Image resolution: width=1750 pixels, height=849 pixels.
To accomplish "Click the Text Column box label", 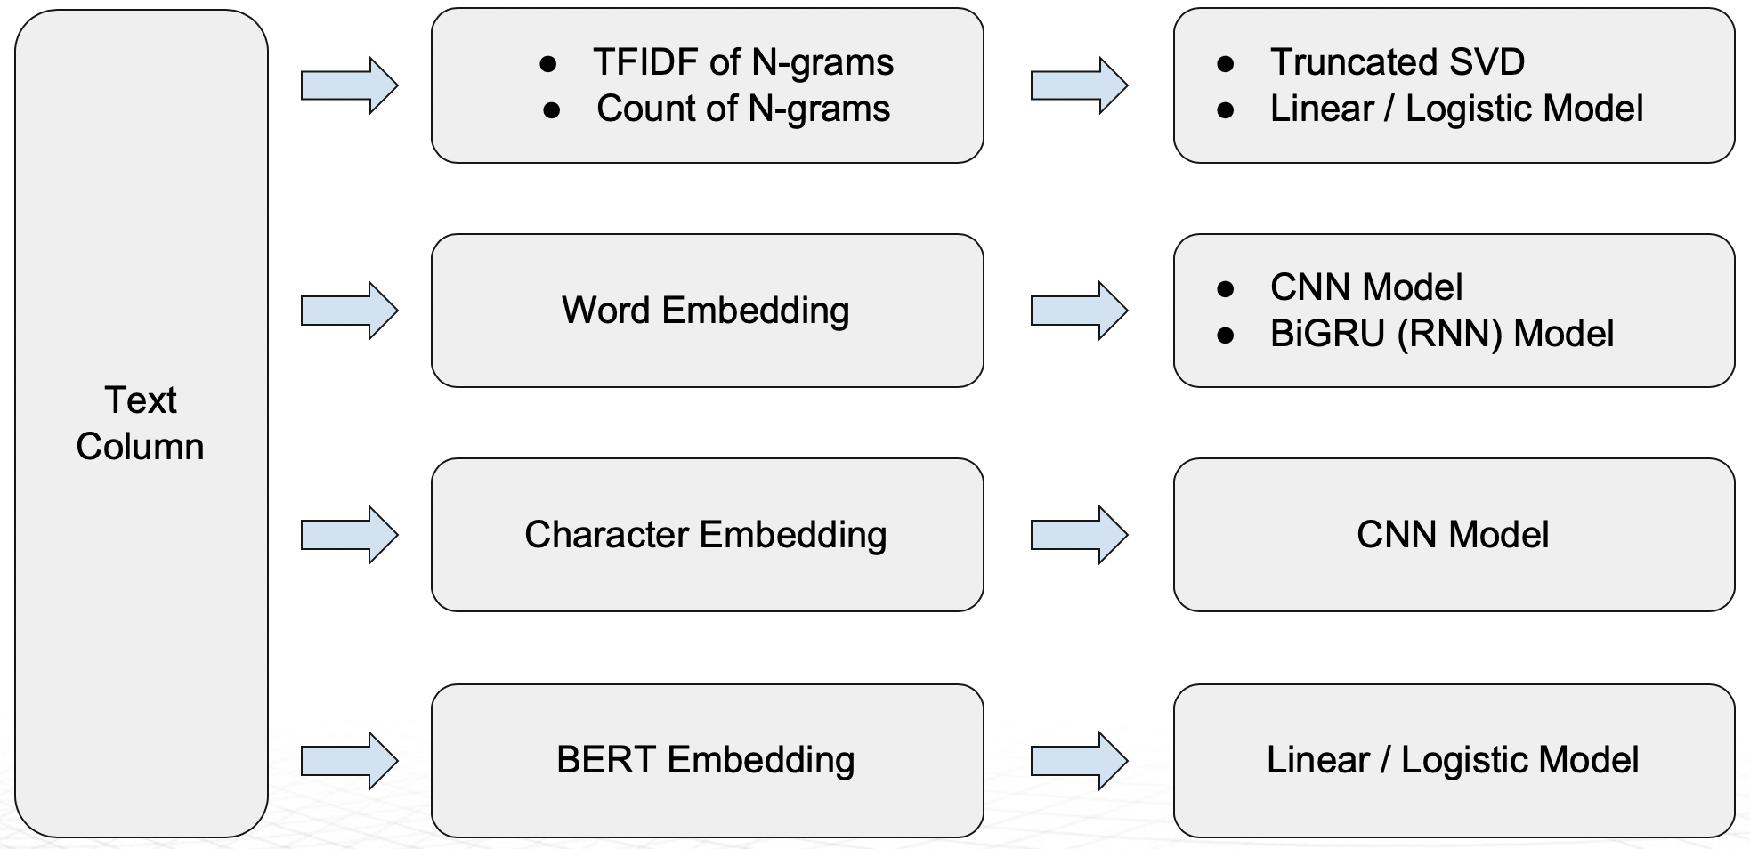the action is point(140,423).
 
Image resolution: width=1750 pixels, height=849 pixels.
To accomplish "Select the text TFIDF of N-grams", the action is point(742,62).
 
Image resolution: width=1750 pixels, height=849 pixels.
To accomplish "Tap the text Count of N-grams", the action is point(742,109).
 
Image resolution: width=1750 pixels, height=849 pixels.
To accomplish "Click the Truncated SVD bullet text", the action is point(1397,62).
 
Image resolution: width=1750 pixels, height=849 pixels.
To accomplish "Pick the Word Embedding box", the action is point(706,311).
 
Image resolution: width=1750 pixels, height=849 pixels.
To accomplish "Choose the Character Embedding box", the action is point(706,535).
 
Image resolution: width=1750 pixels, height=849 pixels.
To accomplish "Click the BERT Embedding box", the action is point(706,760).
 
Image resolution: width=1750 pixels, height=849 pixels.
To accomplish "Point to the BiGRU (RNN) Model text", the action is point(1441,334).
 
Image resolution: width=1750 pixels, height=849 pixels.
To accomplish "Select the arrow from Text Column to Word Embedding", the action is point(349,311).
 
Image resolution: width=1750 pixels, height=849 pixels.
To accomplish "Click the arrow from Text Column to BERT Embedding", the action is point(349,760).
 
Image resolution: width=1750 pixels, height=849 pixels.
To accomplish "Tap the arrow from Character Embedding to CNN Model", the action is point(1079,535).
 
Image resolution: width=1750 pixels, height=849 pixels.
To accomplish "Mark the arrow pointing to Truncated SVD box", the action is point(1079,85).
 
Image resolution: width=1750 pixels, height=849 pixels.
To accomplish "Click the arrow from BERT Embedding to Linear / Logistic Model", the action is point(1079,760).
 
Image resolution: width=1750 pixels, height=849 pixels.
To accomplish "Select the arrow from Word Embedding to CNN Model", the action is point(1079,311).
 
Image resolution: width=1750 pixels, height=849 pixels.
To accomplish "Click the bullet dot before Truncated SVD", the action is point(1226,64).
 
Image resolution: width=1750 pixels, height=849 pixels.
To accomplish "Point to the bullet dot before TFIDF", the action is point(548,64).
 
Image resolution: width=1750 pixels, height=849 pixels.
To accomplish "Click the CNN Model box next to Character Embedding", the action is point(1453,535).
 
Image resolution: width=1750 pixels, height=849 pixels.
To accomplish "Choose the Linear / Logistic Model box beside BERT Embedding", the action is point(1453,760).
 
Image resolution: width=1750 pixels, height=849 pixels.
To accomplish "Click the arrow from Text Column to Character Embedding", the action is point(349,535).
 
